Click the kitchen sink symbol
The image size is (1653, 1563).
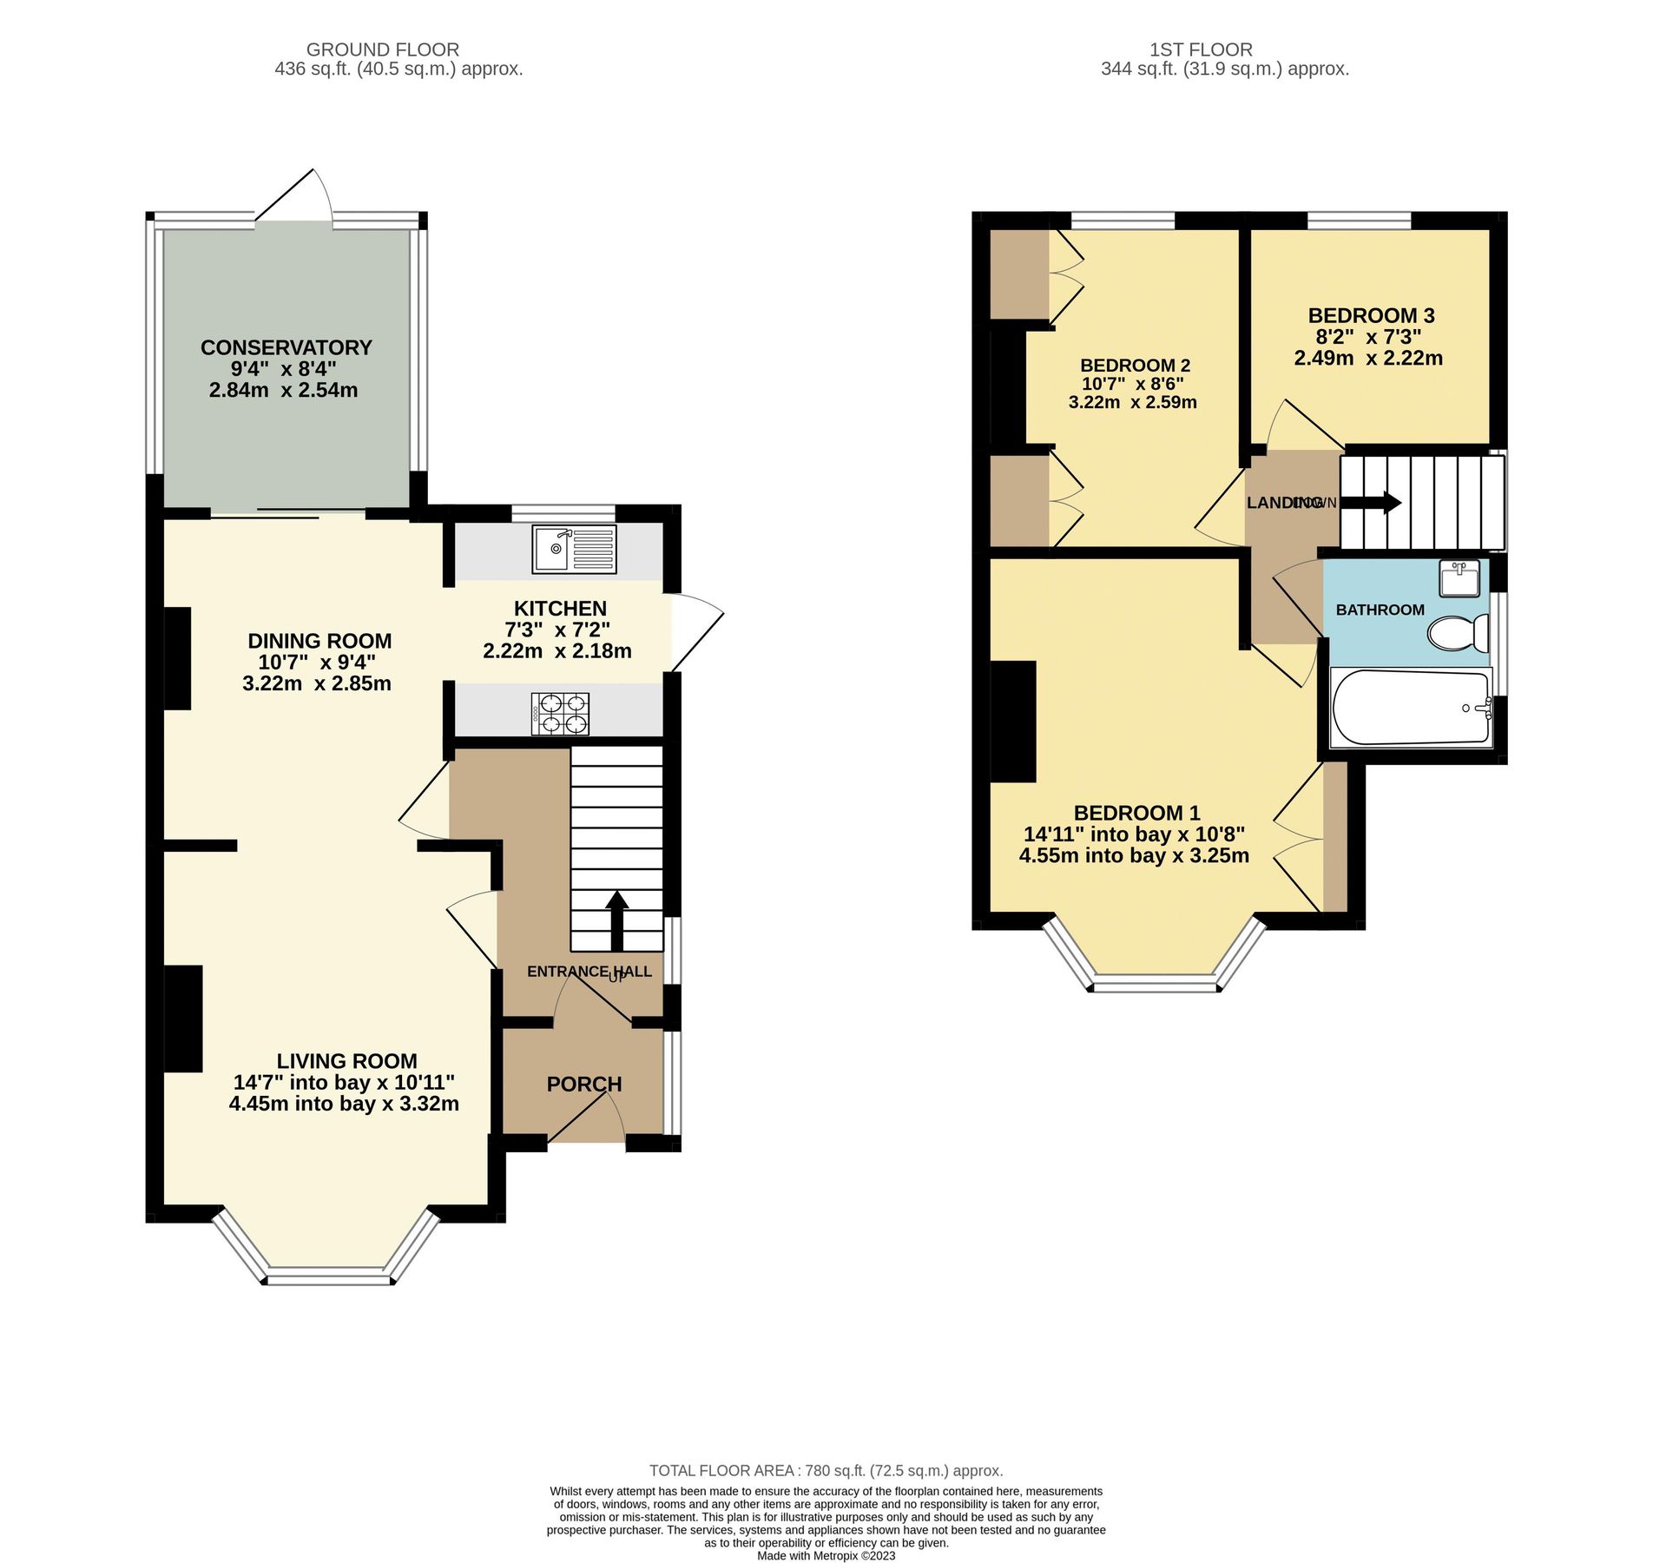pos(574,549)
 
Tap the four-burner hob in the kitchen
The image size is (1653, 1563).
pos(560,714)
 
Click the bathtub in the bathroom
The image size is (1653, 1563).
pos(1411,707)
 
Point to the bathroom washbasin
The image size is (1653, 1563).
pos(1459,578)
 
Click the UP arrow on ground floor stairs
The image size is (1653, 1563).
pos(616,920)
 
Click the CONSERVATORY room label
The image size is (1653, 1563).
pos(286,347)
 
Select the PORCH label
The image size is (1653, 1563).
pos(584,1084)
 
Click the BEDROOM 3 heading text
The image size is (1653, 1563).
pos(1371,315)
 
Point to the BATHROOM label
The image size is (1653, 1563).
pos(1380,610)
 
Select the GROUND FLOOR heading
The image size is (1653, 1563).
pos(382,49)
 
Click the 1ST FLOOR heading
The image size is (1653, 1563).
pos(1201,49)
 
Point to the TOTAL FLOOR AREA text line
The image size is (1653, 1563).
pos(826,1470)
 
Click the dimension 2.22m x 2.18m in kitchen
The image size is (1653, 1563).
pos(557,650)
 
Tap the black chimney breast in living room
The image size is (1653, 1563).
pos(183,1019)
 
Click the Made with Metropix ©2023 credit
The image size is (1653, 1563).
pos(826,1555)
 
